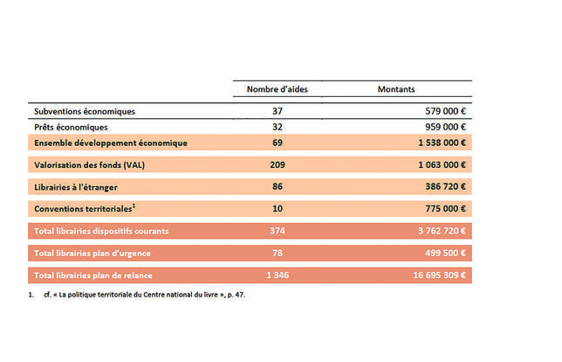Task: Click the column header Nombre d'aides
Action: pyautogui.click(x=277, y=89)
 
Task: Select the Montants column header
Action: pyautogui.click(x=396, y=89)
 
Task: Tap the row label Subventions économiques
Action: pyautogui.click(x=85, y=111)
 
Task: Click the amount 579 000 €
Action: pyautogui.click(x=446, y=111)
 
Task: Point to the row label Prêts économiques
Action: pyautogui.click(x=71, y=127)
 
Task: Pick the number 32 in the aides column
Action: pyautogui.click(x=278, y=127)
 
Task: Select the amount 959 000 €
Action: pyautogui.click(x=446, y=127)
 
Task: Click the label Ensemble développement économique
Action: pyautogui.click(x=111, y=143)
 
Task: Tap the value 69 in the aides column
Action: pyautogui.click(x=278, y=143)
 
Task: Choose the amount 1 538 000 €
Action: pyautogui.click(x=442, y=143)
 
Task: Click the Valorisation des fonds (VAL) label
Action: pyautogui.click(x=90, y=165)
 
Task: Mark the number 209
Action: pyautogui.click(x=278, y=165)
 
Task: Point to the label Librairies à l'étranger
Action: pyautogui.click(x=76, y=187)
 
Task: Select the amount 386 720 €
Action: pyautogui.click(x=446, y=187)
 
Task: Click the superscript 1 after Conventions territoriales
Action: pyautogui.click(x=134, y=205)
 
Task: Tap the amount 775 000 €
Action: pyautogui.click(x=446, y=209)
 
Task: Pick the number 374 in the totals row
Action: pyautogui.click(x=278, y=231)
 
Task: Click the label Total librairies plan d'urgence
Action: pyautogui.click(x=93, y=254)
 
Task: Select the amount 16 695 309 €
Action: pyautogui.click(x=440, y=275)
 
